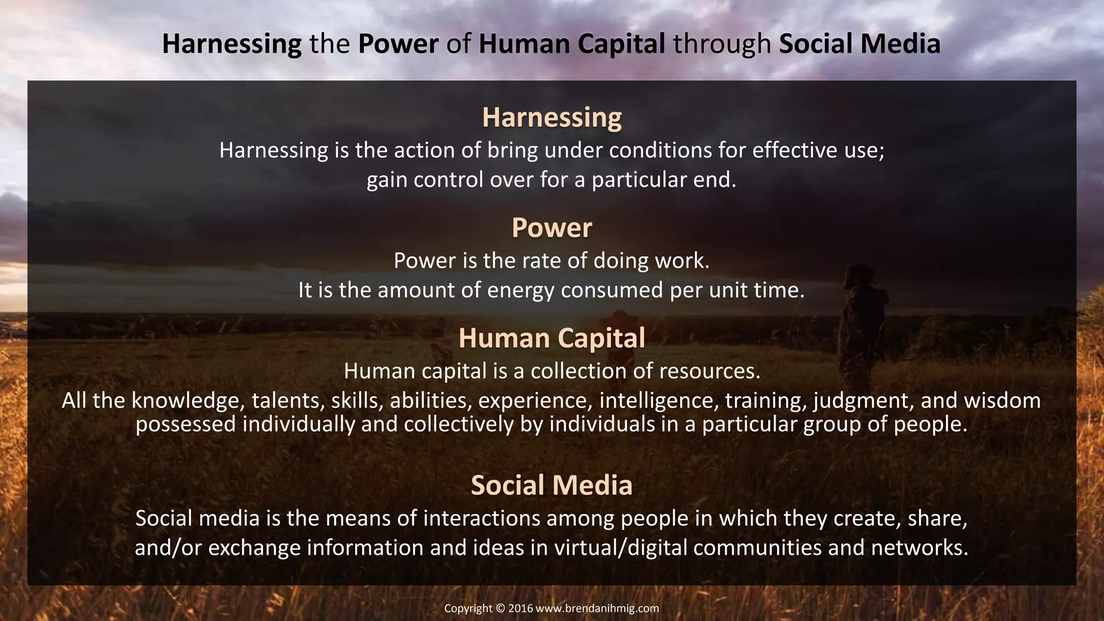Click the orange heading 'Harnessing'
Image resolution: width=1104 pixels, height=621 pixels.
[x=551, y=118]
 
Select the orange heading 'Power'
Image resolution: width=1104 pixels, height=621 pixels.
[x=551, y=227]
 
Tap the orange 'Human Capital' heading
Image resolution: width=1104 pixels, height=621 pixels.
[x=551, y=339]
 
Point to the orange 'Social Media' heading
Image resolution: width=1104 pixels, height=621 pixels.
[x=551, y=485]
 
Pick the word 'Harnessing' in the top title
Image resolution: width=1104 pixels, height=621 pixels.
[x=232, y=44]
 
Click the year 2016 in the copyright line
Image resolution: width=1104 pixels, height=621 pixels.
[x=520, y=609]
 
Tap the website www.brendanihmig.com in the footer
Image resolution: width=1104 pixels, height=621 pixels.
[x=597, y=609]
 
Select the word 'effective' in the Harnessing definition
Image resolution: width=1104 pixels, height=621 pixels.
[x=791, y=150]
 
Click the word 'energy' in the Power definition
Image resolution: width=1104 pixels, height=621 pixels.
[x=521, y=291]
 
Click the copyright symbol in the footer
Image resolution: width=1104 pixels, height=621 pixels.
[x=500, y=609]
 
